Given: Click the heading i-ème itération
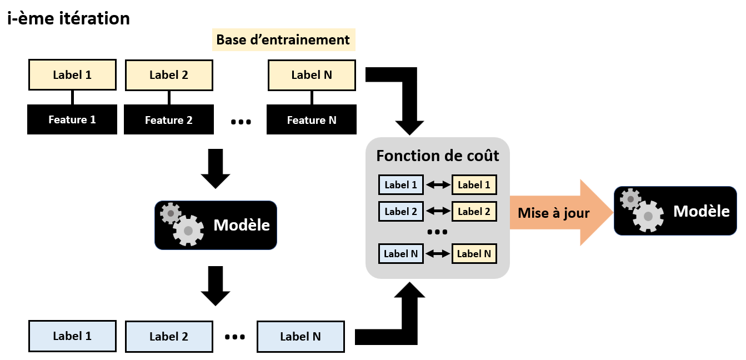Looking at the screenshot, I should point(68,18).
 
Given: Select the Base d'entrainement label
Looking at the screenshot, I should point(283,40).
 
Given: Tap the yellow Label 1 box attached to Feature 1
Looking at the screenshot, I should point(72,75).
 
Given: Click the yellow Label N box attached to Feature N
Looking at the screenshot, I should point(312,75).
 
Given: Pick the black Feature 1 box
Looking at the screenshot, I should point(72,120).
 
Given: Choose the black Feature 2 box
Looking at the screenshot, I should point(169,121).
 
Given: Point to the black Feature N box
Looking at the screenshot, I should point(312,121).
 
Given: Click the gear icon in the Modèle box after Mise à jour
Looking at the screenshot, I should point(642,210).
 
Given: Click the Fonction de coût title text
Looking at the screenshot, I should point(438,156).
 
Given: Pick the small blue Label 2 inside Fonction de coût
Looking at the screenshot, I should point(400,211).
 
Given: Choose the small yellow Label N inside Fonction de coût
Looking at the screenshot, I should point(474,254).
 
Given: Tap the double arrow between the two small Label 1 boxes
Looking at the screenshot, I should point(438,185).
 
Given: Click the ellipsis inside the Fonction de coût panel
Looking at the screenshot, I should point(438,232).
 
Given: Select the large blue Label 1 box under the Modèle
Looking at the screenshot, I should point(72,336).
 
